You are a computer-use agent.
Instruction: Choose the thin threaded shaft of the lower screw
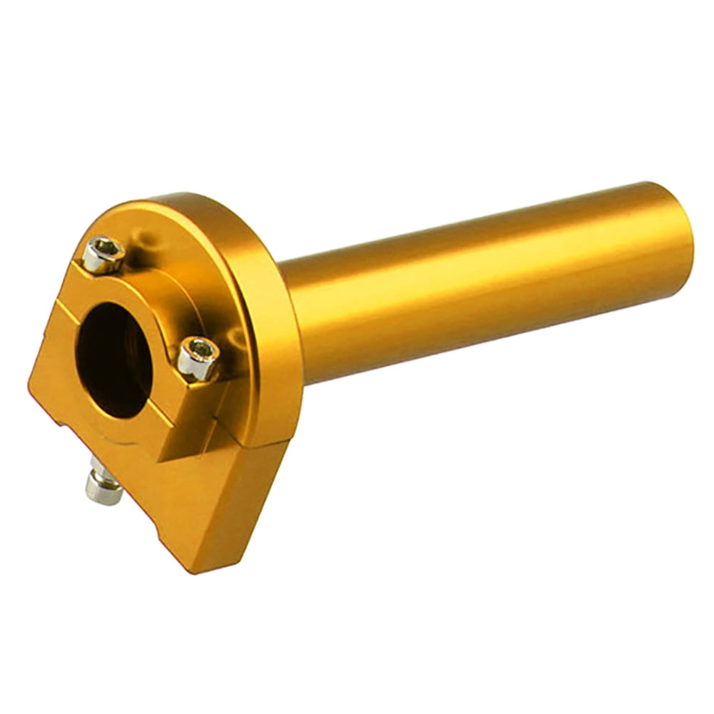point(95,467)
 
